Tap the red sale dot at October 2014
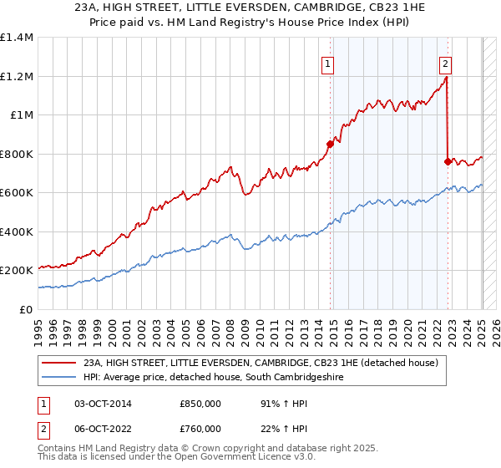point(330,144)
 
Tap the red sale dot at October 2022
point(448,161)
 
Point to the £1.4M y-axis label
point(17,38)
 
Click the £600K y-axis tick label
point(17,193)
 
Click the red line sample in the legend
point(59,363)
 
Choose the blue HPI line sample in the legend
point(59,378)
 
